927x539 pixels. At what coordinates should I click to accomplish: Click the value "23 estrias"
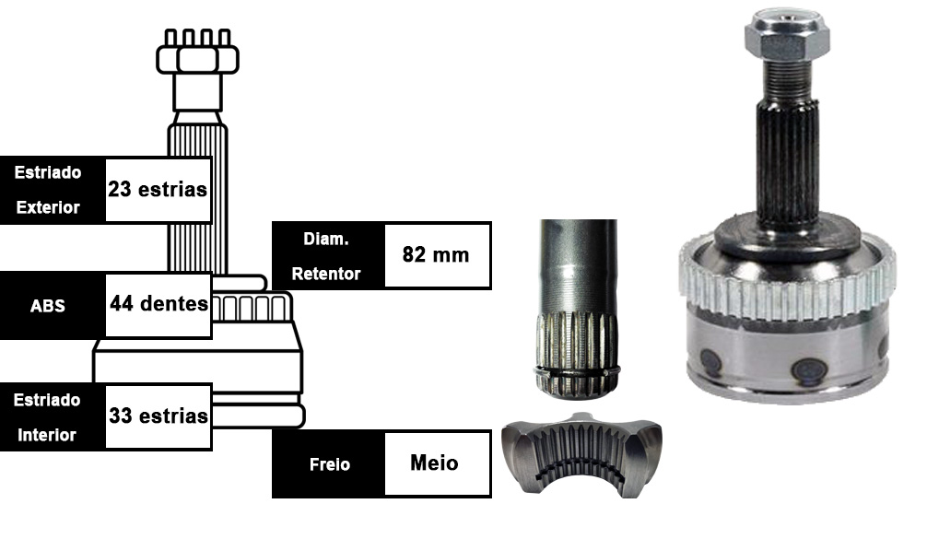158,189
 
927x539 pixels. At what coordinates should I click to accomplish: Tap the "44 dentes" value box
158,304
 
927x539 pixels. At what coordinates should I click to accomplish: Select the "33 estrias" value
158,416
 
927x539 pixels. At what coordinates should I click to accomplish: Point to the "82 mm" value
436,254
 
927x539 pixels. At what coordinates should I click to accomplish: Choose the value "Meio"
434,463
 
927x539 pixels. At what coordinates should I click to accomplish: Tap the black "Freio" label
329,464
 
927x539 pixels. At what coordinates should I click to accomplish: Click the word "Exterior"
48,207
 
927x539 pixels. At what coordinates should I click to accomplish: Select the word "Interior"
47,435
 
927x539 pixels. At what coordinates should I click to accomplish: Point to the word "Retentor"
326,274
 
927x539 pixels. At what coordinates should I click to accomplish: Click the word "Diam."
326,239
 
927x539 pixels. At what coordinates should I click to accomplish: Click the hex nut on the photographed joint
787,35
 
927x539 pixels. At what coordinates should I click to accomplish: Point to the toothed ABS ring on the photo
787,287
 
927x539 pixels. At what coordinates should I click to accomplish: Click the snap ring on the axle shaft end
577,372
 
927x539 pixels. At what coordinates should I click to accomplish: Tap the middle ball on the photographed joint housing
809,371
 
